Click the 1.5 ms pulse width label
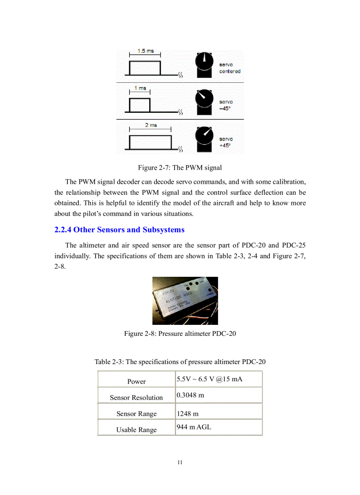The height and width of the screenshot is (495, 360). (x=146, y=51)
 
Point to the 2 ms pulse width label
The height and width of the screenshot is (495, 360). (x=151, y=125)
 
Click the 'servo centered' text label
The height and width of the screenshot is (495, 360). (x=229, y=68)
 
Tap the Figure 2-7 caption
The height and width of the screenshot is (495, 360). (x=180, y=167)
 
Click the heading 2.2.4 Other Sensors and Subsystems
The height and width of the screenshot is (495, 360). (x=119, y=230)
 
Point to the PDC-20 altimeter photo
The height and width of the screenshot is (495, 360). (x=185, y=301)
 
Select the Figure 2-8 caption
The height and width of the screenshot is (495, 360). (x=180, y=333)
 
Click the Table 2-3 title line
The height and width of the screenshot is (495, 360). (x=180, y=362)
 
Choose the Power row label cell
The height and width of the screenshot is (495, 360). (x=136, y=381)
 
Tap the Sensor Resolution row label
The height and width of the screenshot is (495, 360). (x=136, y=398)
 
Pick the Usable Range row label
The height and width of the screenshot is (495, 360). (x=136, y=430)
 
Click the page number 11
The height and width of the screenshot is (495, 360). (x=180, y=462)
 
